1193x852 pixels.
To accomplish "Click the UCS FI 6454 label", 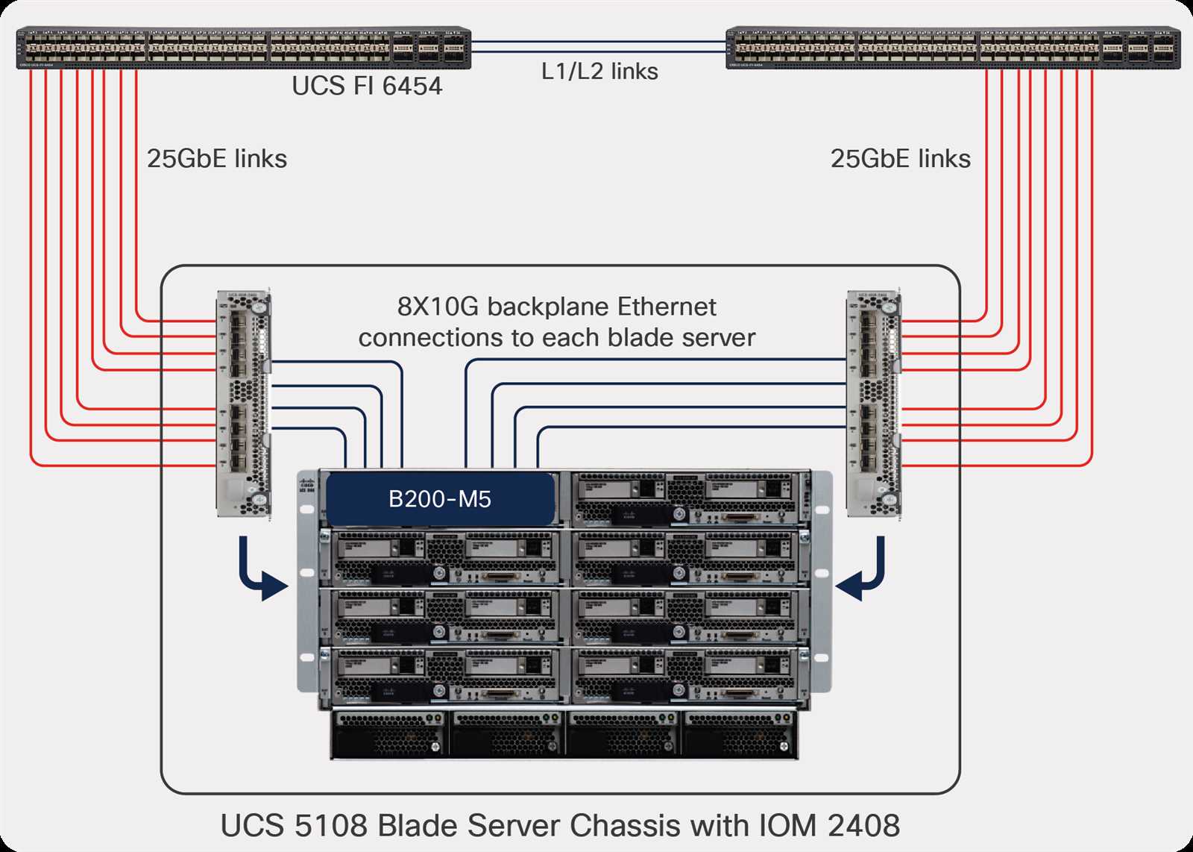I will coord(367,86).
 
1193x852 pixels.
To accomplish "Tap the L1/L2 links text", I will coord(599,72).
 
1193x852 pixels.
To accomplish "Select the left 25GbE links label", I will coord(216,159).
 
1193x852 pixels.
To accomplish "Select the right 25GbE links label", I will coord(900,159).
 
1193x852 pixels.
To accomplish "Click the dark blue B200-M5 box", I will coord(440,498).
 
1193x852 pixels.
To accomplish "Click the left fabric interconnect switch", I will coord(243,48).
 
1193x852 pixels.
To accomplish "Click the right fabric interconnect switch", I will coord(952,48).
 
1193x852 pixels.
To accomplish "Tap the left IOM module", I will coord(243,403).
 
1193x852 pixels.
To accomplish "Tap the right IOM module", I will coord(873,403).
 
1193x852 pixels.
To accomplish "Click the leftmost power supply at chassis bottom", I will coord(389,734).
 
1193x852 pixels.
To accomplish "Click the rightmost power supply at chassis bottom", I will coord(740,734).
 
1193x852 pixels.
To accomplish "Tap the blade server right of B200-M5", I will coord(690,498).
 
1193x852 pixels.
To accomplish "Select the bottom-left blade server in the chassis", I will coord(444,675).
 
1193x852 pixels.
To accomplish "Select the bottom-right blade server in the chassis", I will coord(690,675).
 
